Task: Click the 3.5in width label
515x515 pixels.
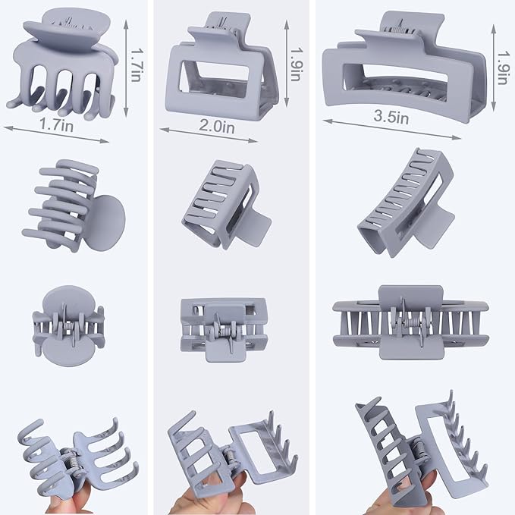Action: tap(391, 117)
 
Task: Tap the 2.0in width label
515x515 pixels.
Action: tap(217, 126)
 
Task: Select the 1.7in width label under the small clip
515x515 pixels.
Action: tap(56, 124)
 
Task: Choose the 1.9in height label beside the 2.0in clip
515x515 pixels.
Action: tap(296, 64)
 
